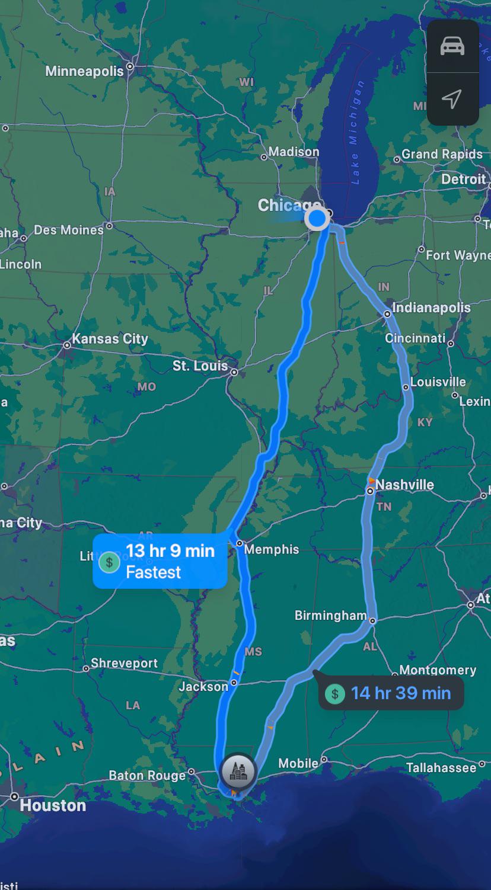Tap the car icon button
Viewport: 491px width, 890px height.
[452, 46]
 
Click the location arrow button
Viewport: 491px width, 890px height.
[452, 99]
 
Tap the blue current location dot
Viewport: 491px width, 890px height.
[317, 219]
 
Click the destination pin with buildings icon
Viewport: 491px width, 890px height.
[238, 771]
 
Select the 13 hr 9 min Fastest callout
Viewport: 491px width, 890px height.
[160, 561]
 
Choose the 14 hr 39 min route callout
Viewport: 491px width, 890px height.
[391, 693]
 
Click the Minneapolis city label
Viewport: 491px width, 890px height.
[84, 71]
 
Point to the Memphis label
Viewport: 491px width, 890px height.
[272, 549]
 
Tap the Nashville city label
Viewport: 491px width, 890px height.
[404, 485]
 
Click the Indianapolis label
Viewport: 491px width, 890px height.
[431, 308]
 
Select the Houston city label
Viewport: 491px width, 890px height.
[53, 805]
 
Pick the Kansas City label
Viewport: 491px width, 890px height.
[110, 339]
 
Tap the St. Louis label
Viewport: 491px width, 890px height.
[200, 366]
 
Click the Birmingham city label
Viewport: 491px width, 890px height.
[330, 616]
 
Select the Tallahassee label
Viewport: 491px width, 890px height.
[441, 768]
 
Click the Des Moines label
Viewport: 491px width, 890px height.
[69, 230]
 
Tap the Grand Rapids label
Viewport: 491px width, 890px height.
[442, 154]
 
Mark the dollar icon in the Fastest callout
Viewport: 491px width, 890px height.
[109, 562]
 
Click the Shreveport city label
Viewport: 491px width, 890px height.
[124, 663]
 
